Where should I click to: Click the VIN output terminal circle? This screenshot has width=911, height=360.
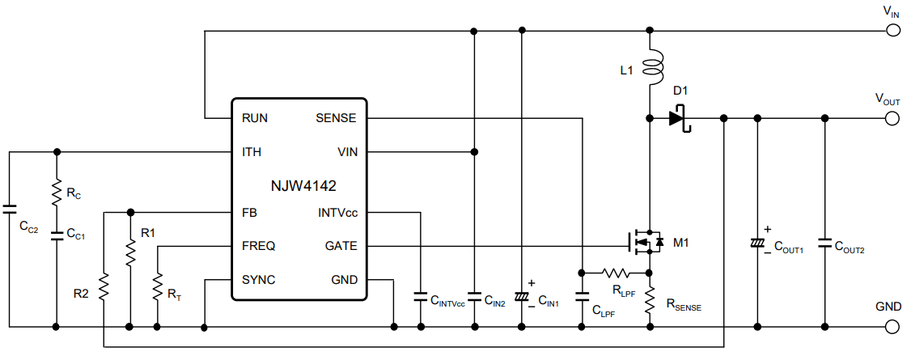[x=893, y=31]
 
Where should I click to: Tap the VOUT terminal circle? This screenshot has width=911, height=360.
[x=893, y=118]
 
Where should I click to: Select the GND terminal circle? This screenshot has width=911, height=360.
[x=893, y=327]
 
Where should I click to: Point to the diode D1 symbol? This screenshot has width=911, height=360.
[x=678, y=118]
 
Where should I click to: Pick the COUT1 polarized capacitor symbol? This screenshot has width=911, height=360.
[x=757, y=243]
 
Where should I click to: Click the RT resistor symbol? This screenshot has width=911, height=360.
[x=157, y=286]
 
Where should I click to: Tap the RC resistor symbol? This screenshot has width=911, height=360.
[x=56, y=193]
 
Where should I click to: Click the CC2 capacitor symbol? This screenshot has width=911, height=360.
[x=8, y=209]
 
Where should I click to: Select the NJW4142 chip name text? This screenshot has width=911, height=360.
[x=303, y=186]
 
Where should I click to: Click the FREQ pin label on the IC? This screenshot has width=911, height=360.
[x=258, y=246]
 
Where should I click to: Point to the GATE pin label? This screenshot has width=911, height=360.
[x=340, y=246]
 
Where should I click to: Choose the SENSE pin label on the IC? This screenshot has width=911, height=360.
[x=336, y=118]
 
